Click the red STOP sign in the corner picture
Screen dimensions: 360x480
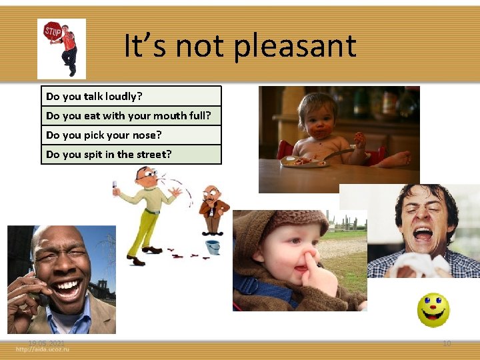52,31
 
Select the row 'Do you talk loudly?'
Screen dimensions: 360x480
131,97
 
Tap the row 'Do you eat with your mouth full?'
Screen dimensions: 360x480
131,116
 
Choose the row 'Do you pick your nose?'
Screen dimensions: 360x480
131,135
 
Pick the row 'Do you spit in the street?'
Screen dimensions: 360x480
131,155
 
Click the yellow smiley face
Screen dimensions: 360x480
433,310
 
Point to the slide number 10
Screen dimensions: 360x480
447,343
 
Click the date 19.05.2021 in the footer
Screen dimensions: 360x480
46,343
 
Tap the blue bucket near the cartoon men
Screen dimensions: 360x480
213,247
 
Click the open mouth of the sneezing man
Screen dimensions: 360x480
422,235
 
